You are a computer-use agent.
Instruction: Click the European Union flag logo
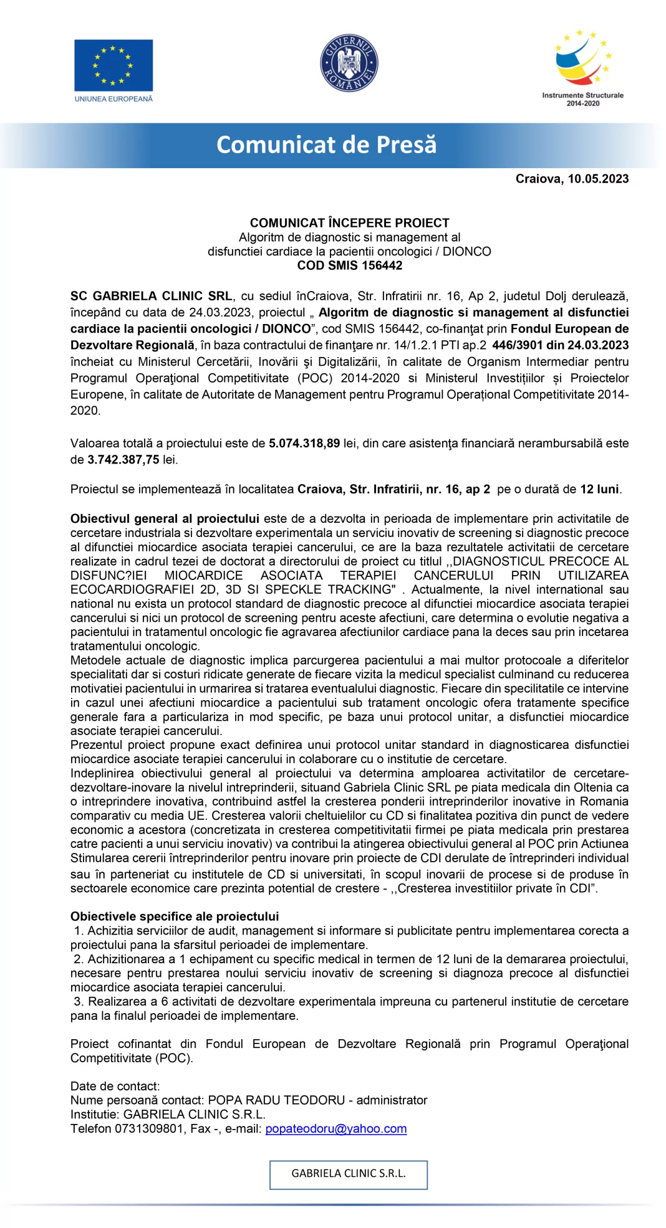113,65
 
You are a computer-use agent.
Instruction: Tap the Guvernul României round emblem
349,63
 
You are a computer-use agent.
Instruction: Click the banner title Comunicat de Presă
326,145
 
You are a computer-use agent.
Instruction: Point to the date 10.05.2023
598,179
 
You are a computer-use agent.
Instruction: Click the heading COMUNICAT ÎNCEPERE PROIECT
349,222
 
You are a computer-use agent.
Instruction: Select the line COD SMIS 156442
349,265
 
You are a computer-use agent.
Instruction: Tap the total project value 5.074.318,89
304,444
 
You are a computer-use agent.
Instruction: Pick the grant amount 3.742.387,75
123,460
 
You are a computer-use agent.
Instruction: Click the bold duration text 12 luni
599,489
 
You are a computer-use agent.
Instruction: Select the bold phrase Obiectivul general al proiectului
165,518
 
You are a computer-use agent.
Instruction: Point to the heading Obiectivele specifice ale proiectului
175,916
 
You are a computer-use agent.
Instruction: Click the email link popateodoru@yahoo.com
335,1128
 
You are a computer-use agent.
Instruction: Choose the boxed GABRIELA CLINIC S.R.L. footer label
348,1174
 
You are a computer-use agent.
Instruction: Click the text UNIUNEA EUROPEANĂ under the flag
113,99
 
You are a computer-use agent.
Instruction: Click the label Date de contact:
115,1086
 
